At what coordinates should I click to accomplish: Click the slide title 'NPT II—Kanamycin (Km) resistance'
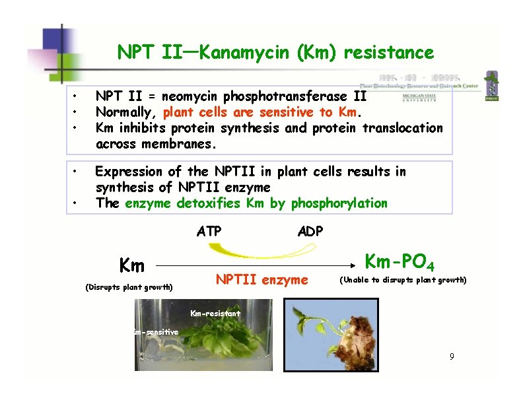pyautogui.click(x=275, y=52)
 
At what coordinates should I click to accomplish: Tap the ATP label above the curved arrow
pyautogui.click(x=209, y=231)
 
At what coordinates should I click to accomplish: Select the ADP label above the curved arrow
pyautogui.click(x=310, y=231)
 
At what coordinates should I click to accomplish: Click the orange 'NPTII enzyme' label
pyautogui.click(x=262, y=280)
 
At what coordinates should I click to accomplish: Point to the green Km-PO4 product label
pyautogui.click(x=400, y=262)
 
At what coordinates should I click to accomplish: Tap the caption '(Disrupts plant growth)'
pyautogui.click(x=129, y=287)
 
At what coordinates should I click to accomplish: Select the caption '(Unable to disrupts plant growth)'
pyautogui.click(x=403, y=280)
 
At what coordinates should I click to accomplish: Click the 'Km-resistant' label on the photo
pyautogui.click(x=215, y=314)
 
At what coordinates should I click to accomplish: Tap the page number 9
pyautogui.click(x=452, y=357)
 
